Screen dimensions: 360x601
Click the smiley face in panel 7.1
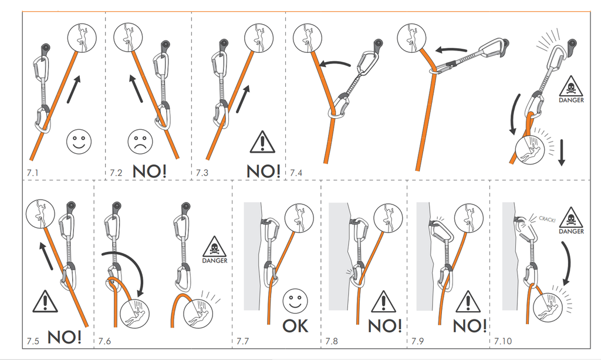[79, 142]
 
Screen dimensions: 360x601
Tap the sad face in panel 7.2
[139, 142]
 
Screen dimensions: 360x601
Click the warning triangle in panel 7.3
[262, 142]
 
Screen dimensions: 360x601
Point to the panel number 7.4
[296, 173]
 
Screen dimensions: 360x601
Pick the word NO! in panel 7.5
[63, 337]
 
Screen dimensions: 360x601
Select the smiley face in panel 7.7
[295, 301]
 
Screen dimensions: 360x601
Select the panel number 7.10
[504, 341]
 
